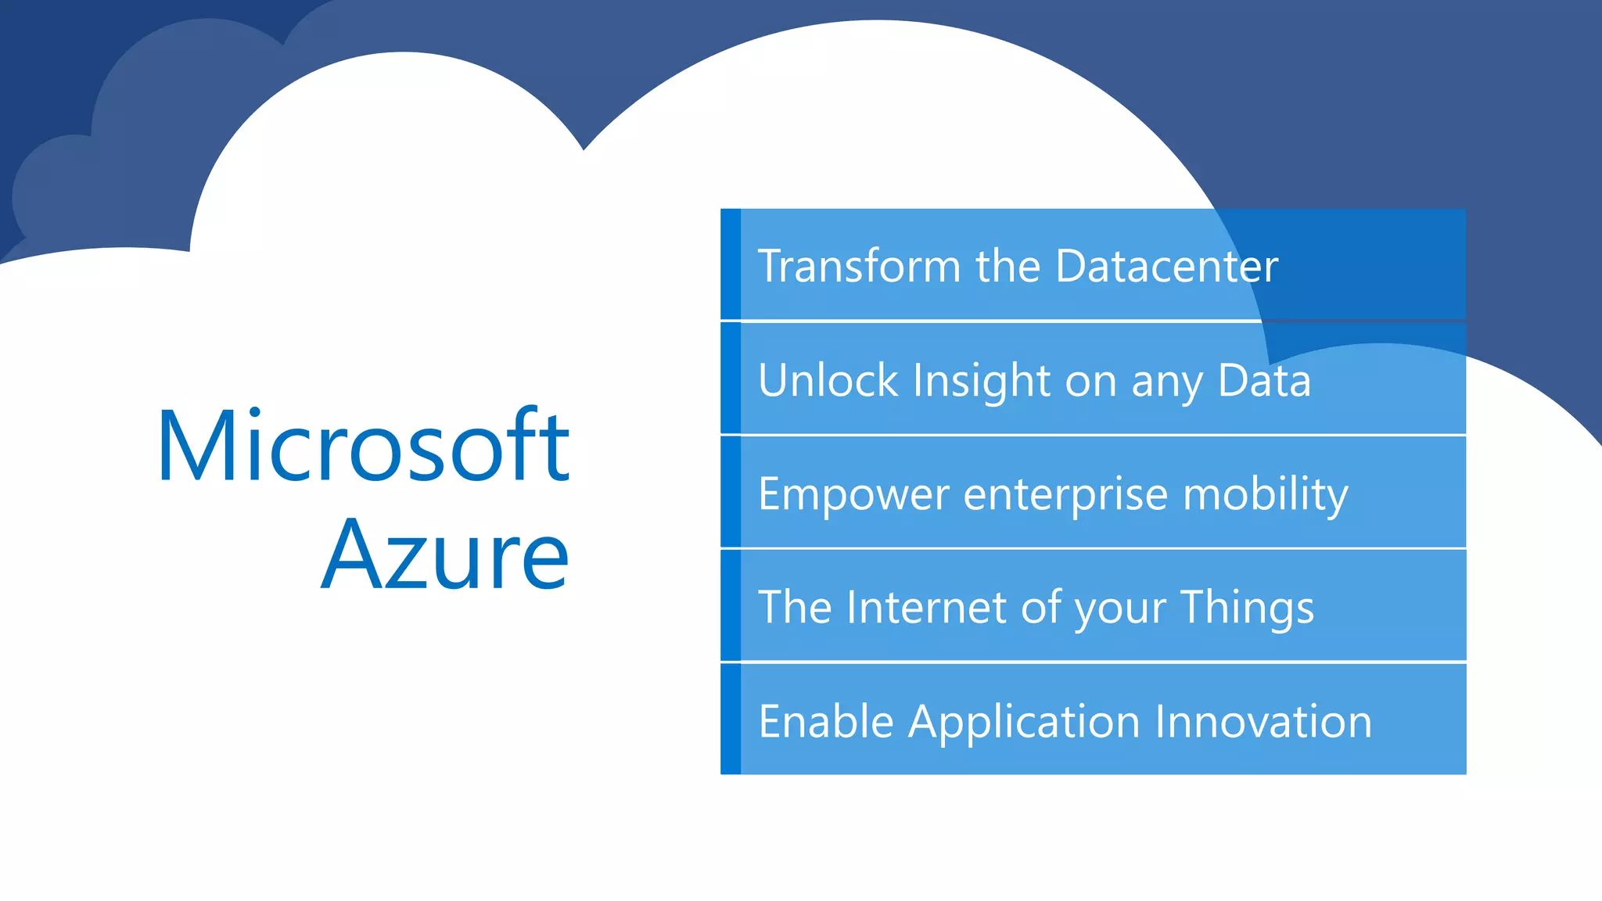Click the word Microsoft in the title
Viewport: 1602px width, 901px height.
tap(363, 447)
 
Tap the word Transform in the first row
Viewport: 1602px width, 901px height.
tap(859, 266)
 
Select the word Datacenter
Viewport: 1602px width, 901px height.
tap(1166, 266)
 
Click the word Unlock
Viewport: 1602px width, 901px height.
tap(828, 380)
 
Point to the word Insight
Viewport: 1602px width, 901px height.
tap(981, 380)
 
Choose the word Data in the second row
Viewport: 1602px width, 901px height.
tap(1264, 380)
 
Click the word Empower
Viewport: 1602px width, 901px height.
tap(853, 494)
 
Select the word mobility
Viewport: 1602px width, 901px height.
tap(1265, 494)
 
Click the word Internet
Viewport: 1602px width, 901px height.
tap(926, 607)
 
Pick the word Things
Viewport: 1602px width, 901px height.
tap(1247, 608)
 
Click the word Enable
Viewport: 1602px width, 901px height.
tap(826, 721)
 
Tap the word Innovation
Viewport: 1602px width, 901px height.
tap(1263, 721)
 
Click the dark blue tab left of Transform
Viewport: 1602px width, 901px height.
tap(731, 264)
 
